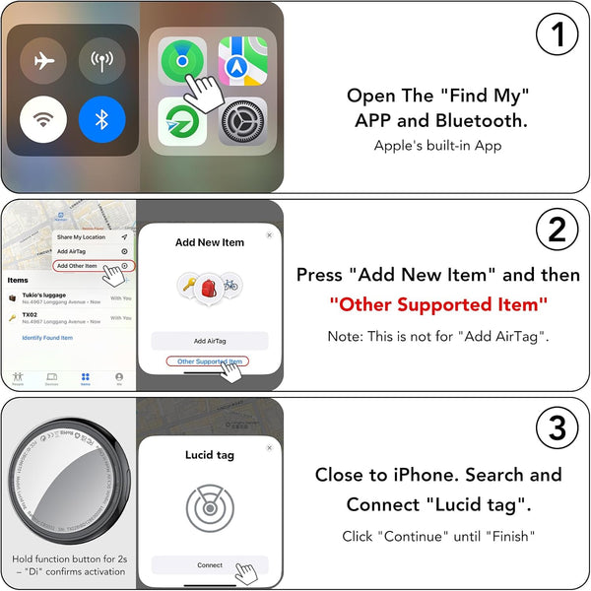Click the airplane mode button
(43, 61)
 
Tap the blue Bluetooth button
(102, 119)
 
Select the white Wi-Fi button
(43, 119)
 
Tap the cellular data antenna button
(102, 61)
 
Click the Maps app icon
(242, 61)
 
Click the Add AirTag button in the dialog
(209, 340)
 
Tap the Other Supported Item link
(209, 362)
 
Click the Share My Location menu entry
(81, 237)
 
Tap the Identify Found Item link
(47, 338)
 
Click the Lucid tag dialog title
(209, 455)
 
